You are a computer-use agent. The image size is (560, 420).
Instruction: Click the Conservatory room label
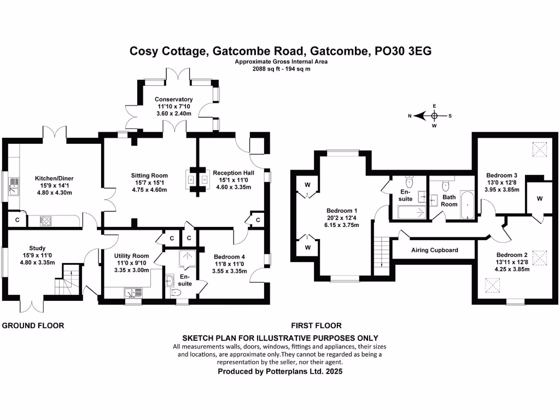[173, 99]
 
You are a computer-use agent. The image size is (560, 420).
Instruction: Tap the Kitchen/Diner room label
[54, 178]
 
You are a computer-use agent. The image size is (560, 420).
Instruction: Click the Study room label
[38, 248]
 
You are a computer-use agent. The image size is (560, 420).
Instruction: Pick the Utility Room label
[131, 255]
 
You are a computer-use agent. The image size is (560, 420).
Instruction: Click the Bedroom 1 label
[342, 211]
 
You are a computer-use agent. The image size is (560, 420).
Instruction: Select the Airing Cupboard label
[434, 250]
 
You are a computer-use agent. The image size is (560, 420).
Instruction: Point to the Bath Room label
[450, 201]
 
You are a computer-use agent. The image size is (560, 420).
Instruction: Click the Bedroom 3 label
[502, 176]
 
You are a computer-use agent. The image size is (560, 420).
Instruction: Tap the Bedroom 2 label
[512, 255]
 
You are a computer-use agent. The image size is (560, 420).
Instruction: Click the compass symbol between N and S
[434, 115]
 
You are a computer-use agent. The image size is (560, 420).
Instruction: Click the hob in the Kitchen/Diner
[46, 221]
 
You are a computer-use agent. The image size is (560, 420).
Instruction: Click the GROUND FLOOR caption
[33, 325]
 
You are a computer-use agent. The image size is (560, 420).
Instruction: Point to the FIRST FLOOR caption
[317, 325]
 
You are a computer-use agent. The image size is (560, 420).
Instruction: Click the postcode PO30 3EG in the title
[403, 51]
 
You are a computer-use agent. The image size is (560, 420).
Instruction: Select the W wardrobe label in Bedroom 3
[539, 199]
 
